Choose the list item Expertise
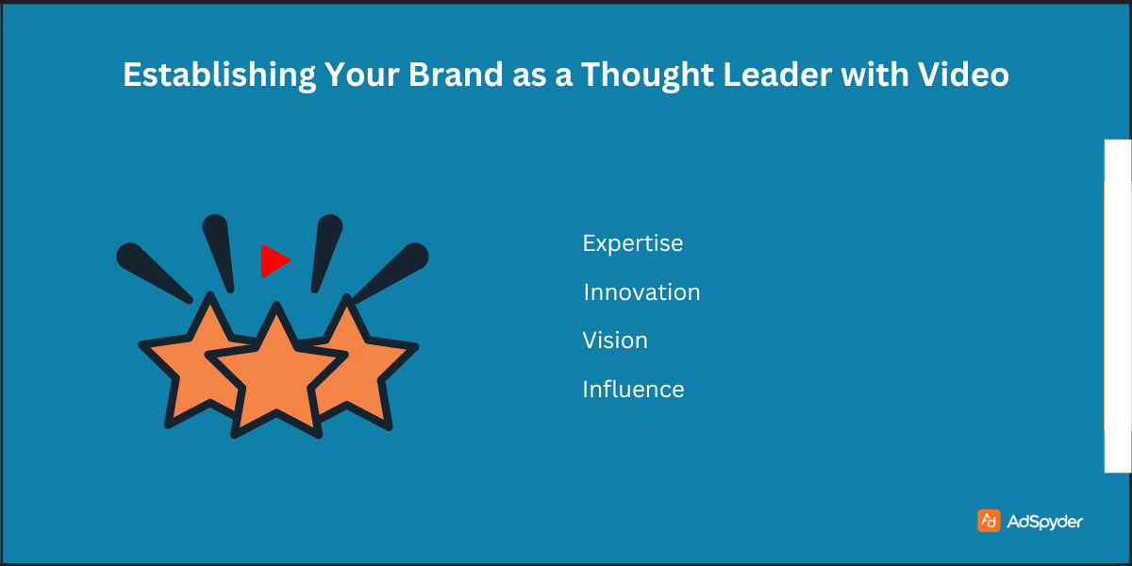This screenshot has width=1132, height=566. (x=633, y=243)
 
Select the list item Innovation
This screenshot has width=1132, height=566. (x=641, y=292)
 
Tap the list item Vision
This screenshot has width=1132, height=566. (x=615, y=341)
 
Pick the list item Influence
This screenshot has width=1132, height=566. (x=633, y=389)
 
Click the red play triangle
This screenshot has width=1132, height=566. (x=273, y=260)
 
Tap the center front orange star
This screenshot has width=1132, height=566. (x=275, y=373)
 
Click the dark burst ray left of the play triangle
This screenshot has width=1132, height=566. (x=219, y=250)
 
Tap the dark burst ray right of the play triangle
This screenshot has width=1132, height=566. (x=325, y=250)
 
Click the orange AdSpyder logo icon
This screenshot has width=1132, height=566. (x=989, y=521)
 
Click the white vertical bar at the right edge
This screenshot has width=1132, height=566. (x=1117, y=306)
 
